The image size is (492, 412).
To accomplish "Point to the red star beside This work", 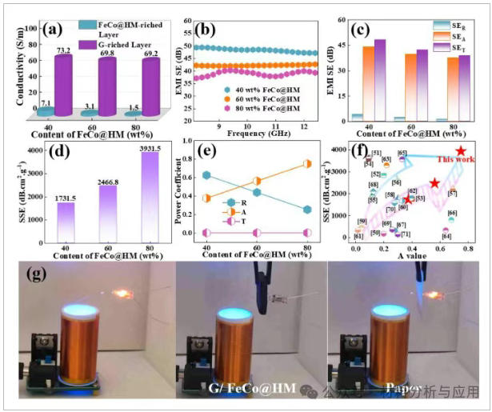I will [x=461, y=151].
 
